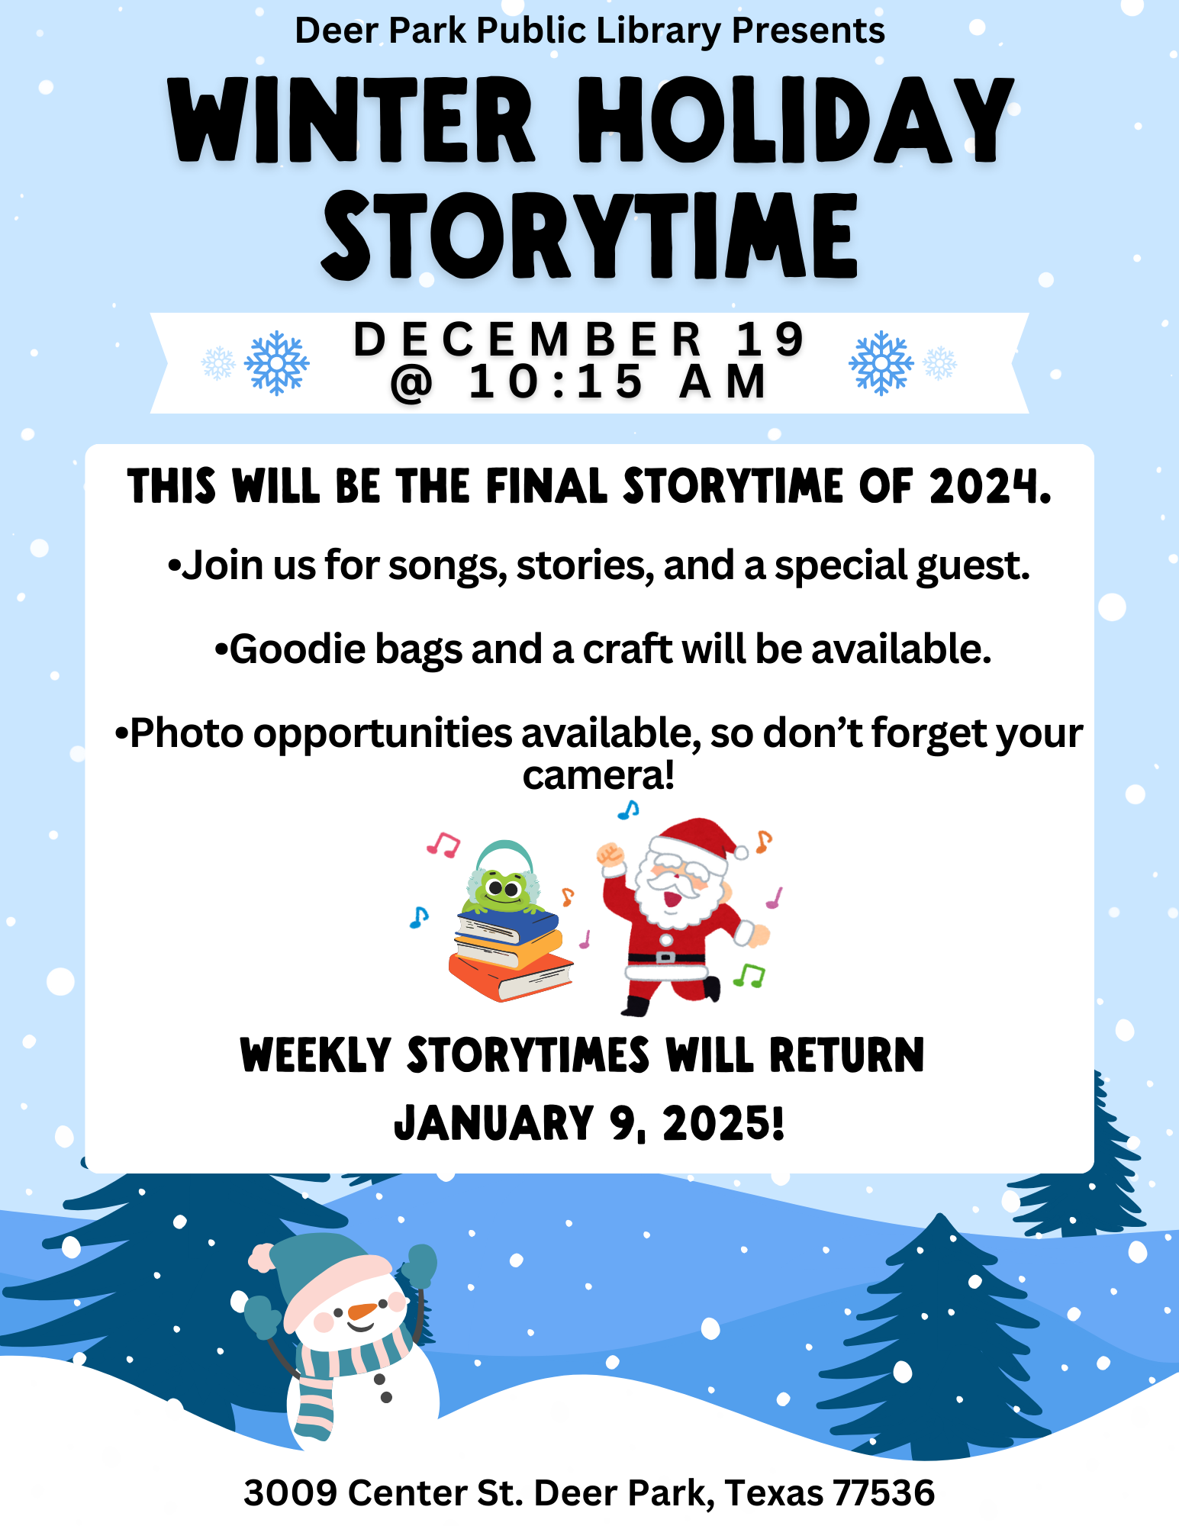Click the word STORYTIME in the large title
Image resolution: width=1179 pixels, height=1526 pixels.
point(590,236)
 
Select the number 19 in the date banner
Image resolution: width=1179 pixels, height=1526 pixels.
point(770,340)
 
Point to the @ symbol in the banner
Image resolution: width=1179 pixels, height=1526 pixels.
point(411,383)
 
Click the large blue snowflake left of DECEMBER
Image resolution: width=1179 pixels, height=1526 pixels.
point(276,363)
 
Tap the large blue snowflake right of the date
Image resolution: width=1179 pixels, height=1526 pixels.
point(881,363)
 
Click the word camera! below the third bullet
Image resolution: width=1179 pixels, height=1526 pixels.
point(598,775)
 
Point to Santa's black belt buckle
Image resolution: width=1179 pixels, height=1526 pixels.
point(665,957)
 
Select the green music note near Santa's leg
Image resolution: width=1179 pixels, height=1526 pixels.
point(749,974)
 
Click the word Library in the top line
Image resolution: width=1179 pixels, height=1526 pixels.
point(659,31)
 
